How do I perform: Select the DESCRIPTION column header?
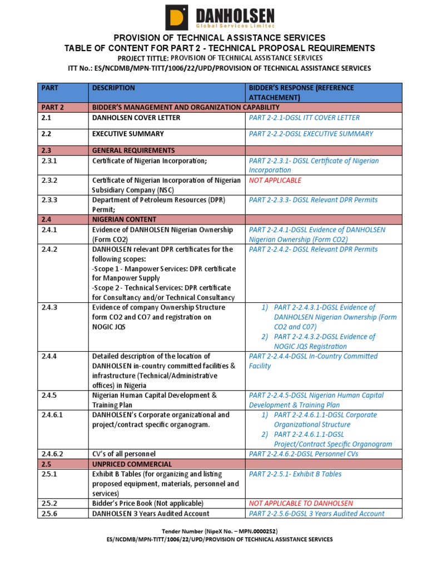(113, 88)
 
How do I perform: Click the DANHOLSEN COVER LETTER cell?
(136, 118)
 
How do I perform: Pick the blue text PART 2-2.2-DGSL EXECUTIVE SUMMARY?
(311, 134)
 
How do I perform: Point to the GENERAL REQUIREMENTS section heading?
(133, 151)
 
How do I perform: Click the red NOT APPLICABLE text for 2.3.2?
(275, 181)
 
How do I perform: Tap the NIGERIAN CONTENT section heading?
(124, 219)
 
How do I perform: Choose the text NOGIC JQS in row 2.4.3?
(109, 327)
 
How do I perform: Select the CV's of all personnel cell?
(124, 454)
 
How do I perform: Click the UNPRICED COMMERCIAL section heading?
(132, 464)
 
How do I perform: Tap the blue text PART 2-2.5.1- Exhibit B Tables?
(295, 475)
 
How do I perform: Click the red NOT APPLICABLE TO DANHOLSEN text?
(301, 503)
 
